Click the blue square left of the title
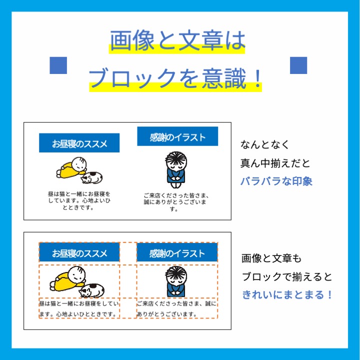click(x=58, y=65)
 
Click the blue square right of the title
click(x=298, y=65)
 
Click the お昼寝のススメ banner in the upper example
click(x=79, y=143)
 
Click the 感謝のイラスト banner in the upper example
click(x=177, y=136)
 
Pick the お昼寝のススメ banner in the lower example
click(x=79, y=253)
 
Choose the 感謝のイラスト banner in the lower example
click(x=177, y=253)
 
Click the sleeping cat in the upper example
click(x=93, y=177)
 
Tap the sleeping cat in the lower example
click(x=93, y=289)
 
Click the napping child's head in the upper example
click(x=79, y=163)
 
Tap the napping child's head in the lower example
click(x=77, y=272)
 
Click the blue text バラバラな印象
click(x=276, y=181)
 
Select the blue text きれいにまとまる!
click(x=287, y=294)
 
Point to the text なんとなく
click(x=265, y=145)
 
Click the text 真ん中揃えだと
click(x=275, y=163)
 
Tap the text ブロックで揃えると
click(x=287, y=277)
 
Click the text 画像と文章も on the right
click(x=271, y=258)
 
